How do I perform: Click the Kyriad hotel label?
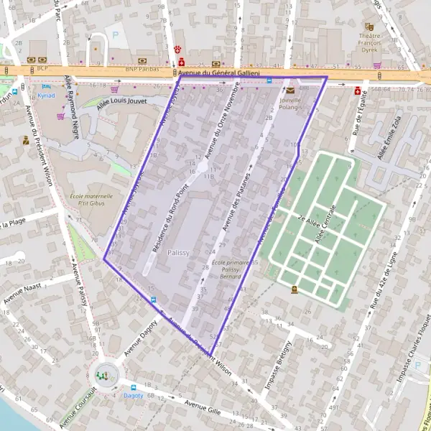click(47, 95)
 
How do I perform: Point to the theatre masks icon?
click(370, 27)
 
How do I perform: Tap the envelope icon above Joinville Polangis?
click(289, 91)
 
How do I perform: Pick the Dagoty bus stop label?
click(133, 395)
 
